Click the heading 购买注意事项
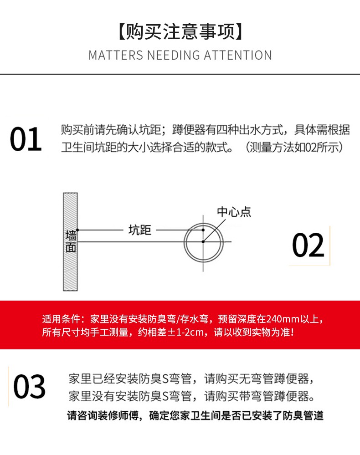180,32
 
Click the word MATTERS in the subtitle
116,55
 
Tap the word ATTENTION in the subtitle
237,55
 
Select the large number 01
26,139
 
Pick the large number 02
308,245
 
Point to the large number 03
29,387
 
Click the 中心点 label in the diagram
234,212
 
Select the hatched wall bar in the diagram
70,273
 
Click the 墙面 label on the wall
71,242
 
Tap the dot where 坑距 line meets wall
78,230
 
